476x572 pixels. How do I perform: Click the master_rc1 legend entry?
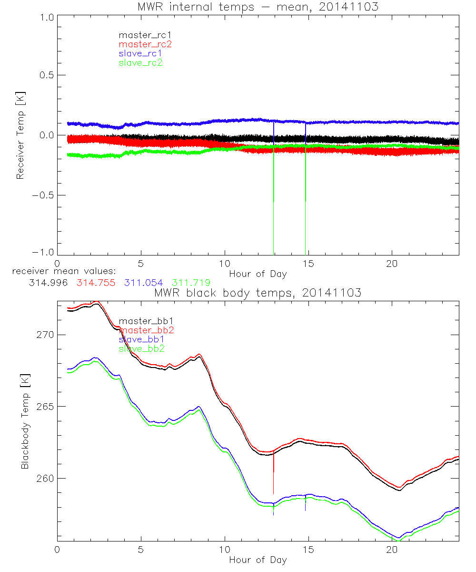click(x=141, y=35)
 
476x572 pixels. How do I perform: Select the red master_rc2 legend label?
click(x=145, y=44)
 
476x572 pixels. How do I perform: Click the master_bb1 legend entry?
click(x=142, y=321)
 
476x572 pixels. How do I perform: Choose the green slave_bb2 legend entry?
click(x=142, y=349)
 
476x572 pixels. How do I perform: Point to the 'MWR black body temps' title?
click(x=258, y=293)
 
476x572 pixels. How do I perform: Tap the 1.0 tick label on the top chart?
click(x=46, y=16)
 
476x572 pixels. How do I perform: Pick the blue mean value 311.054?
click(x=144, y=283)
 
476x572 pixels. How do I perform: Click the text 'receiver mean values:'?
click(x=60, y=271)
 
